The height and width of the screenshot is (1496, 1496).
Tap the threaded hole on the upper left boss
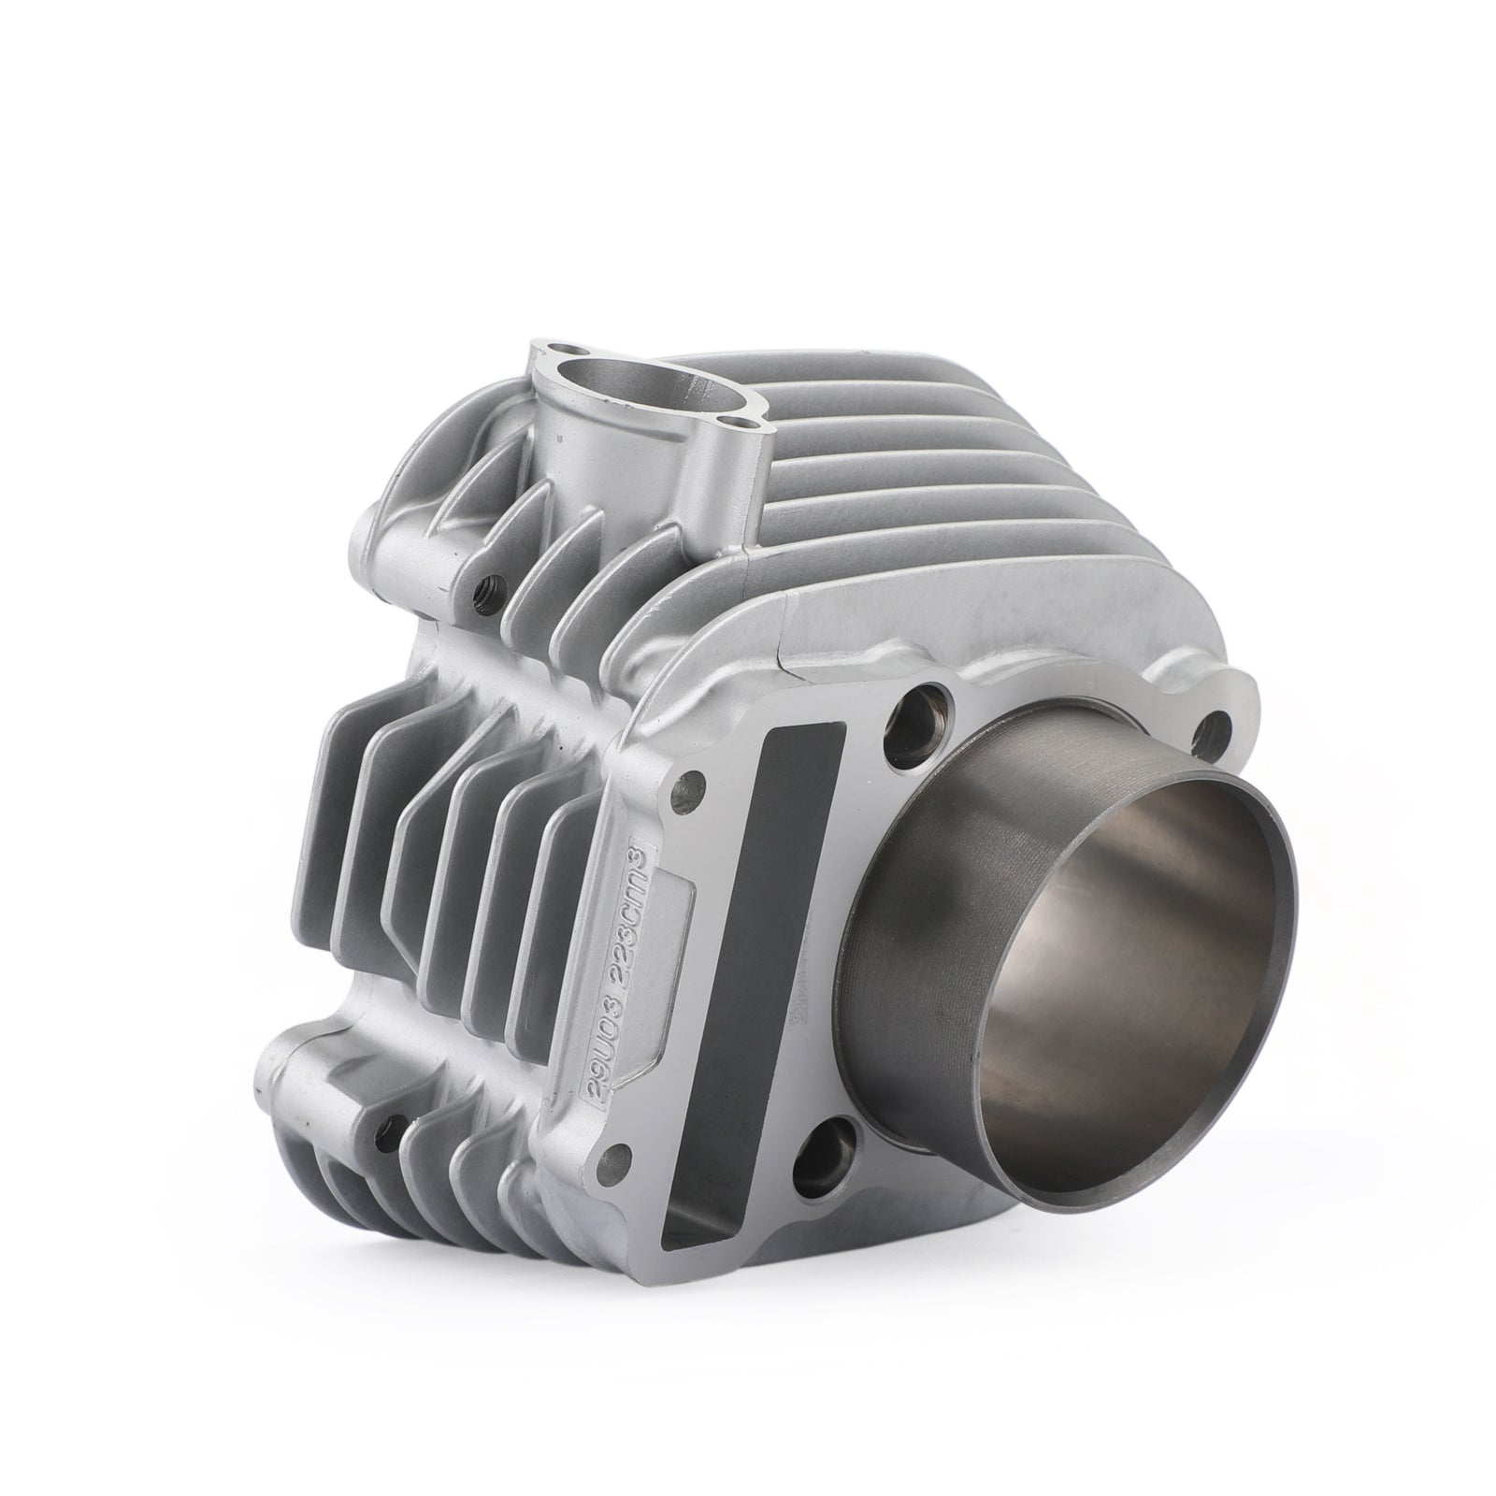point(486,586)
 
